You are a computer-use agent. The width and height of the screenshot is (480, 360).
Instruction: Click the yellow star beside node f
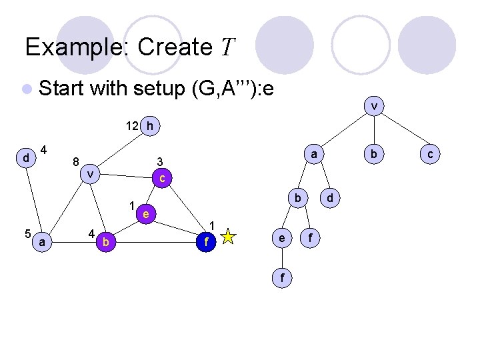229,236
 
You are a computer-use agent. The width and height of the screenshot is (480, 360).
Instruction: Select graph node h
151,125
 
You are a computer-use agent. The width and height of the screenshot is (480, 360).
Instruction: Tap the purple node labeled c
162,178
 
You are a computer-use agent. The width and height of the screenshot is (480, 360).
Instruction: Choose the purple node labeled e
145,213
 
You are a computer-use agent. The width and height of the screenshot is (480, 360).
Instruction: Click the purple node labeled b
105,241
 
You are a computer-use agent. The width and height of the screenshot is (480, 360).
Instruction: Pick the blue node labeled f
207,242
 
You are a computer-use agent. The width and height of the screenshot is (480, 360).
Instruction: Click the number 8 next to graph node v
77,161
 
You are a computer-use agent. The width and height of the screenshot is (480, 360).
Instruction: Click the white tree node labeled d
329,198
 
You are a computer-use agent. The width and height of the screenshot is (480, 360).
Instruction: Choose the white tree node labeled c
431,154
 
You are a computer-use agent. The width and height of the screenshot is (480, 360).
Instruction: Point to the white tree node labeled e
283,237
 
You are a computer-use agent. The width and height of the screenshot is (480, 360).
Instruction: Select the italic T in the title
228,47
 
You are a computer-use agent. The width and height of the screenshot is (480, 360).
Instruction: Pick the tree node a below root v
313,154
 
